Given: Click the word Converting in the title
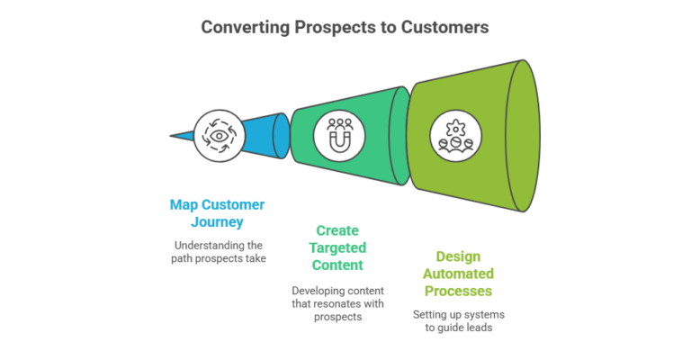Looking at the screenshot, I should [242, 27].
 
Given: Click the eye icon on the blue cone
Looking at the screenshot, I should [217, 137].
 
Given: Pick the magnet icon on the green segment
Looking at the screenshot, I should [337, 136].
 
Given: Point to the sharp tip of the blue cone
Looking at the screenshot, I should [172, 137].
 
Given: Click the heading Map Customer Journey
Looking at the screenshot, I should [217, 213].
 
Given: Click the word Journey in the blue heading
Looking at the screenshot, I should [217, 222].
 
